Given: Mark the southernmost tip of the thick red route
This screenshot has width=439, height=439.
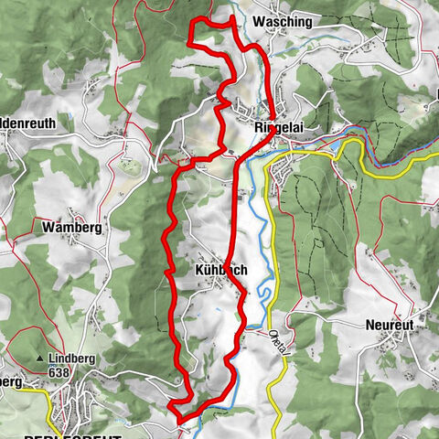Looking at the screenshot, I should tap(179, 422).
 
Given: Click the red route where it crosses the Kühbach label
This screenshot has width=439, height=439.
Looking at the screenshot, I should tap(228, 270).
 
